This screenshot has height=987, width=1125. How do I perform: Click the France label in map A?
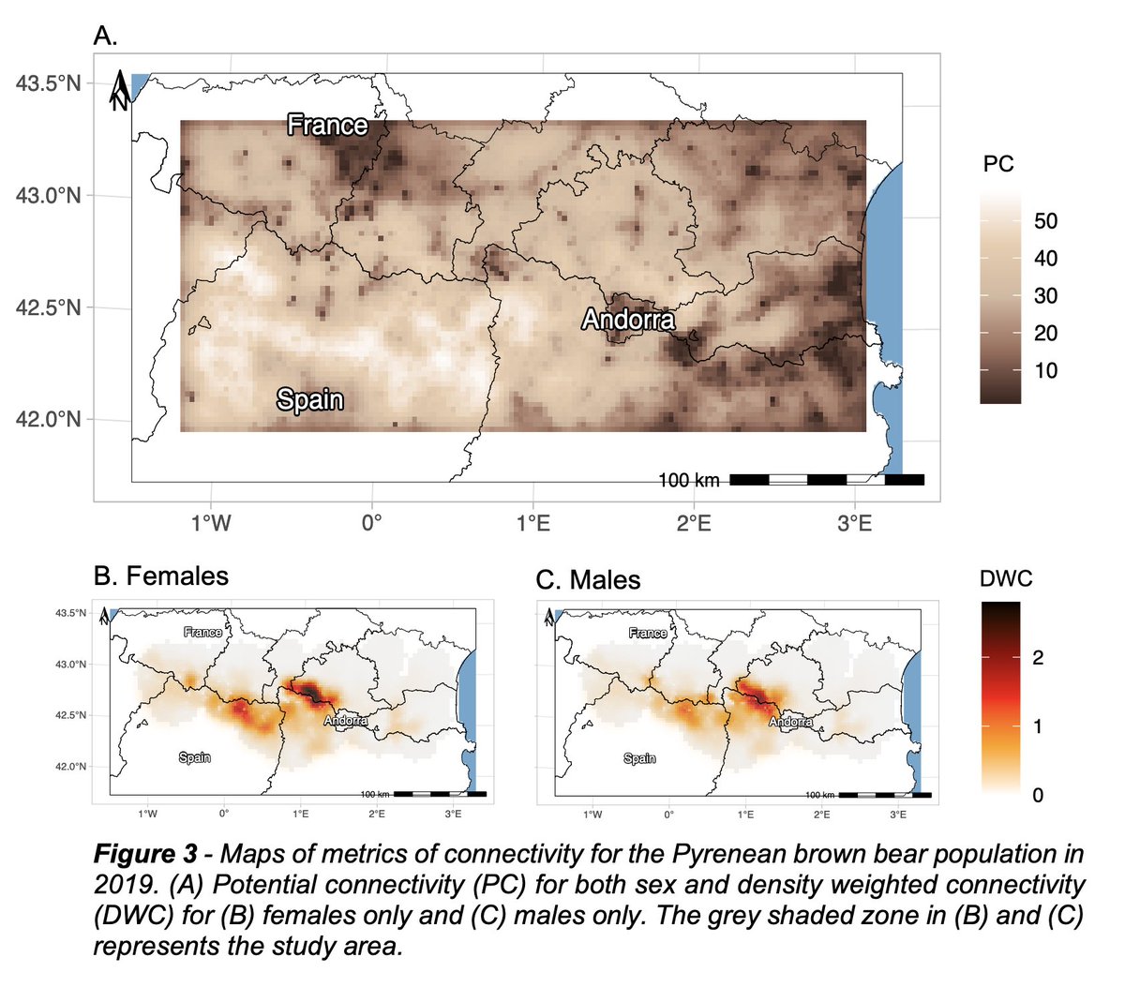click(327, 125)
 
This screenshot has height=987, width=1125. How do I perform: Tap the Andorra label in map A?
click(628, 320)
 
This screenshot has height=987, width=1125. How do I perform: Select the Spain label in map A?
click(309, 399)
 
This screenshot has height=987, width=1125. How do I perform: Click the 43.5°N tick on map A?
click(48, 83)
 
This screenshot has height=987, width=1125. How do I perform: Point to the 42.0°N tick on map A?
click(48, 419)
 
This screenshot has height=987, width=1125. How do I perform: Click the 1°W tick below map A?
click(211, 522)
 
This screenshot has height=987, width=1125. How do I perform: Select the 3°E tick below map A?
click(854, 522)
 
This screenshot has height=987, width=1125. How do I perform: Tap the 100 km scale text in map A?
click(688, 480)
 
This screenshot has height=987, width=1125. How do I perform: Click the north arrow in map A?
click(121, 92)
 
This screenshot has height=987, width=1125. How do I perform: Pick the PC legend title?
click(998, 164)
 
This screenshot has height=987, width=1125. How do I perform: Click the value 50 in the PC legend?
click(1045, 221)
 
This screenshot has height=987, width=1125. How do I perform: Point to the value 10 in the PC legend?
click(1045, 370)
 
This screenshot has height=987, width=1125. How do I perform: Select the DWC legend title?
click(1006, 578)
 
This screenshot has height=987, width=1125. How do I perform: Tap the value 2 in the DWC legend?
click(1038, 657)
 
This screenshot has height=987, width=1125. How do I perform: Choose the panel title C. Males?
click(588, 580)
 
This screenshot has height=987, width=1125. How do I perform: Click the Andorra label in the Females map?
click(346, 721)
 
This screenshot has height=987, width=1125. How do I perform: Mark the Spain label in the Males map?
click(639, 758)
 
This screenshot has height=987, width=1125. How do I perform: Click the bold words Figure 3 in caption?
click(145, 855)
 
